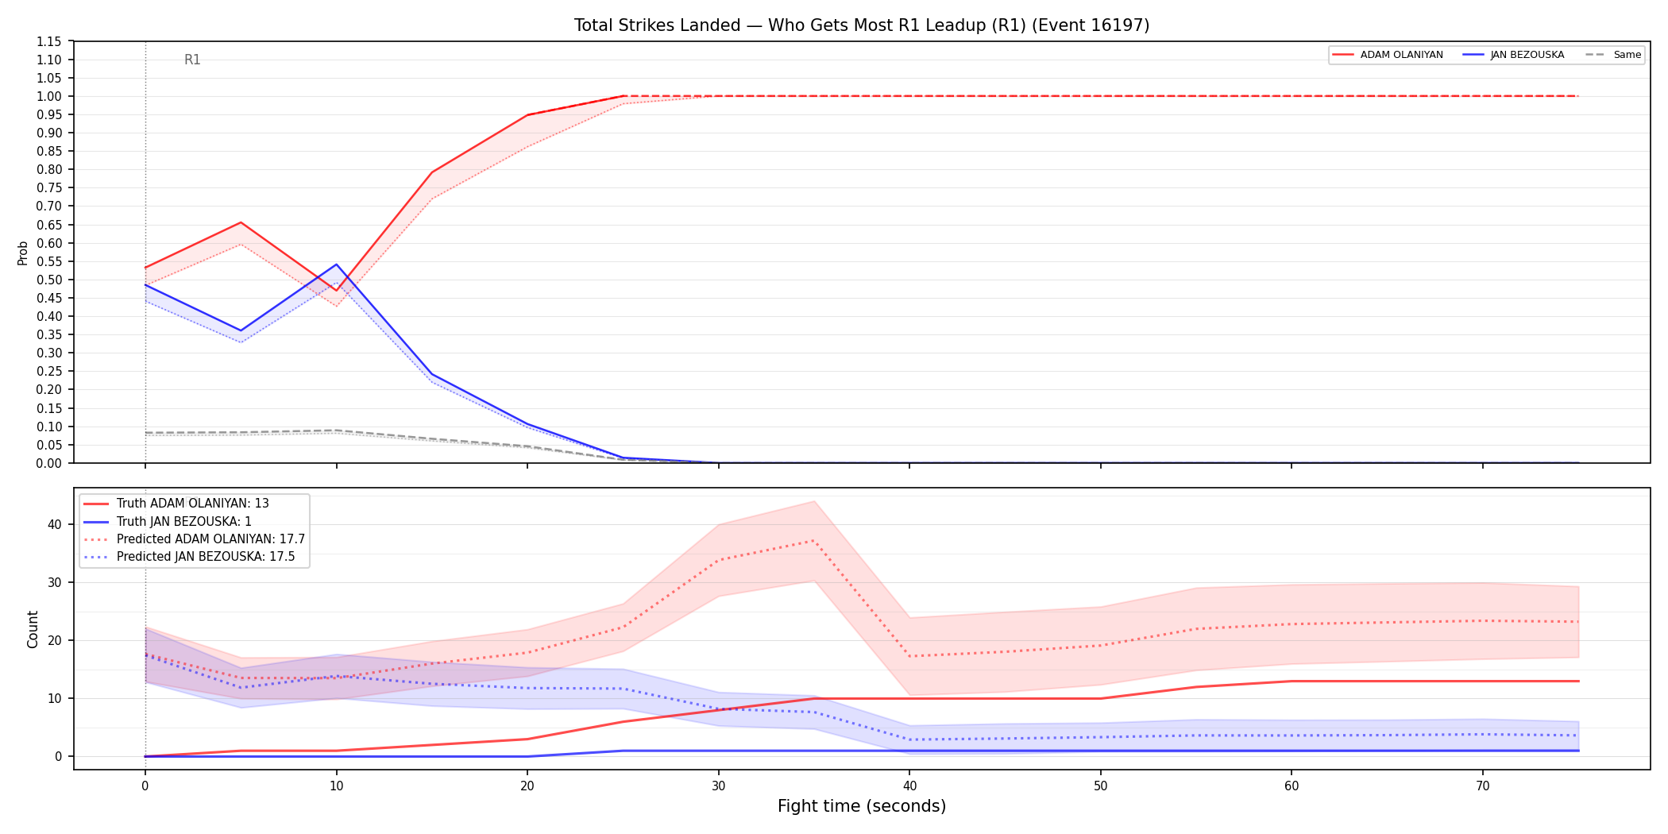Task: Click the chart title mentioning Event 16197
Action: click(862, 25)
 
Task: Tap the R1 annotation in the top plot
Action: click(192, 60)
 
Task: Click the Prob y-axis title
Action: click(22, 253)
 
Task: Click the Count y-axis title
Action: click(33, 629)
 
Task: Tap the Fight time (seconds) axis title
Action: click(862, 806)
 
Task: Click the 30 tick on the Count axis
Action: click(54, 582)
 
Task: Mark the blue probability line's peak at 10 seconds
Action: click(336, 264)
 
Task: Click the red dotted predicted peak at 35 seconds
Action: click(814, 540)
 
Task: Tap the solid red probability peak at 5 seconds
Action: click(241, 222)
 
